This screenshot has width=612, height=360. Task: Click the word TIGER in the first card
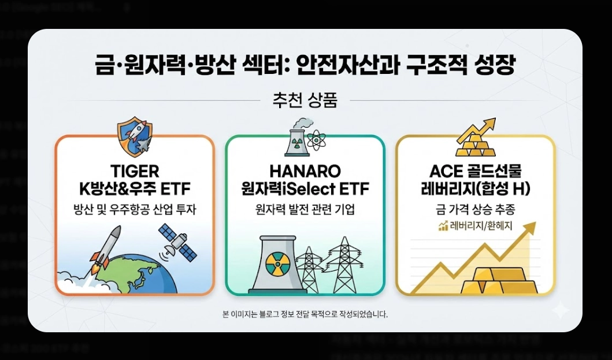click(134, 172)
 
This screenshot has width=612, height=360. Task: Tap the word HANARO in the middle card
click(305, 172)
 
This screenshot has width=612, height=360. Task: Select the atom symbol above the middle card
click(316, 140)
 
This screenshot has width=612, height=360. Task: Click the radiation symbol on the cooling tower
click(276, 264)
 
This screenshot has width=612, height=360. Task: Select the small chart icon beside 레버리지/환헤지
click(443, 226)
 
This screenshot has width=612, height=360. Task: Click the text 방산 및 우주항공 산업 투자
click(134, 209)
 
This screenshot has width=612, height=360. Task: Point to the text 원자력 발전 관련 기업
click(305, 209)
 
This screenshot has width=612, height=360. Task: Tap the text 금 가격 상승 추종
click(475, 209)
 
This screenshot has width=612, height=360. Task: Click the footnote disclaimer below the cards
click(305, 315)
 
